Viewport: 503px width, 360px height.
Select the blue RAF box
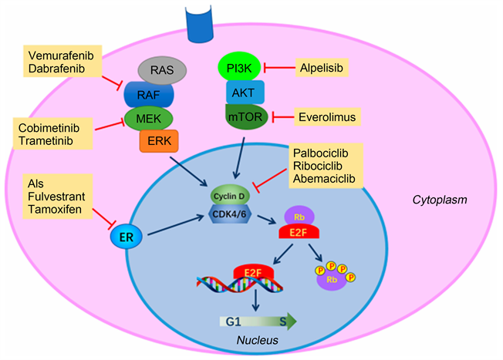coord(149,96)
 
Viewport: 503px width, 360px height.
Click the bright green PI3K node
coord(240,67)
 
